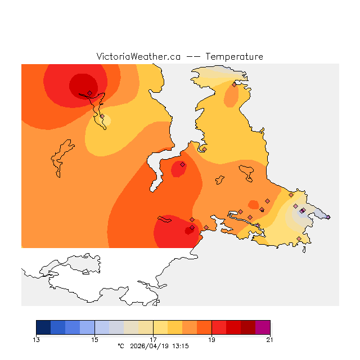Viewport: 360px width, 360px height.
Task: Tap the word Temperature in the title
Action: (x=234, y=57)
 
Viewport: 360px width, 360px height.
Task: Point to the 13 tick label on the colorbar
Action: (x=37, y=339)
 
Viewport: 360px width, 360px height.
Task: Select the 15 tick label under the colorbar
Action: (x=94, y=339)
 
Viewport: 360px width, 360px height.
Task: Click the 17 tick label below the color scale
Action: (x=153, y=339)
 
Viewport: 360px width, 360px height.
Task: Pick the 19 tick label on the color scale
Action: (x=211, y=339)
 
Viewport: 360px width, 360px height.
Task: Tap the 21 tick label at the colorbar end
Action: (x=270, y=339)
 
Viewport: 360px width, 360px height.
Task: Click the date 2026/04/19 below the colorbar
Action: (x=149, y=346)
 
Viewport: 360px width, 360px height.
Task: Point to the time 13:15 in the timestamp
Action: (x=180, y=346)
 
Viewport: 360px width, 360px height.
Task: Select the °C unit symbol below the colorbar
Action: (x=120, y=346)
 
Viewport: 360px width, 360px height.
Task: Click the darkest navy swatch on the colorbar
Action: (x=43, y=327)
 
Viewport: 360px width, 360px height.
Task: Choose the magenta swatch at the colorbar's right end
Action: (x=263, y=327)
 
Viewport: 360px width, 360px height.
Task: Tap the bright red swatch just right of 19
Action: (x=219, y=327)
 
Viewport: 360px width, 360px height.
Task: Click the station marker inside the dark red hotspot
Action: (x=89, y=93)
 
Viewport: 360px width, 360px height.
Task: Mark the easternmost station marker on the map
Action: (x=328, y=217)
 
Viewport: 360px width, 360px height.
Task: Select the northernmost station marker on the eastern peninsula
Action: (x=234, y=85)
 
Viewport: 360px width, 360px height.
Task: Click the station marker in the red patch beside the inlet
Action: (x=182, y=164)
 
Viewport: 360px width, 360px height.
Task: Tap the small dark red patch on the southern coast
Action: (x=190, y=229)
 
